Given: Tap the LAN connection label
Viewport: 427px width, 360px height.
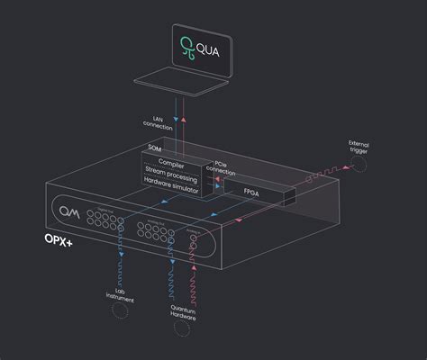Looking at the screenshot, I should pos(152,121).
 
